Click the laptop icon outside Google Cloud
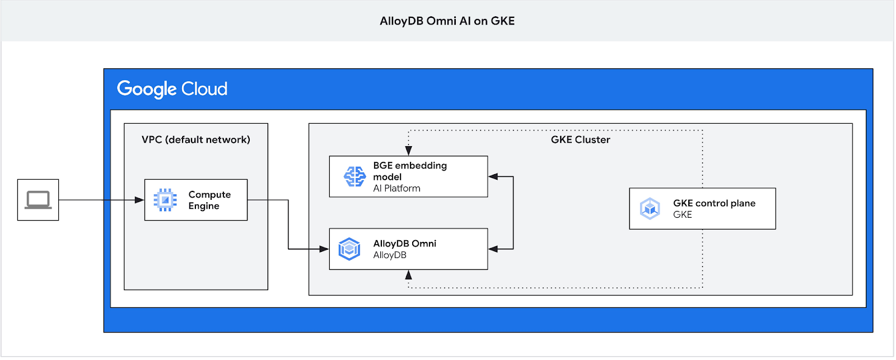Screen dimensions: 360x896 click(x=38, y=200)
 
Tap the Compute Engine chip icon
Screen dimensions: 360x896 click(x=165, y=200)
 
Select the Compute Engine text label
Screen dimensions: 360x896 click(x=209, y=200)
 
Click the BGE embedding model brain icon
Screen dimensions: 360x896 click(x=354, y=176)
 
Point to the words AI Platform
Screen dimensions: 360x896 click(x=396, y=189)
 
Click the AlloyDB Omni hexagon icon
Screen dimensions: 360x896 click(x=349, y=249)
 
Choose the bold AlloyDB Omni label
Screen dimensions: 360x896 click(x=404, y=244)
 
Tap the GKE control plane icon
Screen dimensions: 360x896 click(x=650, y=209)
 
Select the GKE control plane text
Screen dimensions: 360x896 click(x=714, y=203)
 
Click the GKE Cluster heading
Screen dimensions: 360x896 click(x=580, y=139)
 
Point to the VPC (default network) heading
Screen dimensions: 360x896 click(x=195, y=139)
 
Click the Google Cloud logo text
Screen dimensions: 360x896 click(x=172, y=89)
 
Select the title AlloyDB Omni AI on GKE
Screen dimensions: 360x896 click(x=447, y=21)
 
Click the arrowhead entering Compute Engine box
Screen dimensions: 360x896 click(x=139, y=200)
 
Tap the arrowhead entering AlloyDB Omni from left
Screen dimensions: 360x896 click(x=324, y=249)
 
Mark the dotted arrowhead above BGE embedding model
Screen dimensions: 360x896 click(x=409, y=151)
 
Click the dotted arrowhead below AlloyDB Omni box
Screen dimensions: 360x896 click(x=409, y=275)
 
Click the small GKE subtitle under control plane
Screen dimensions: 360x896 click(x=682, y=214)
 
